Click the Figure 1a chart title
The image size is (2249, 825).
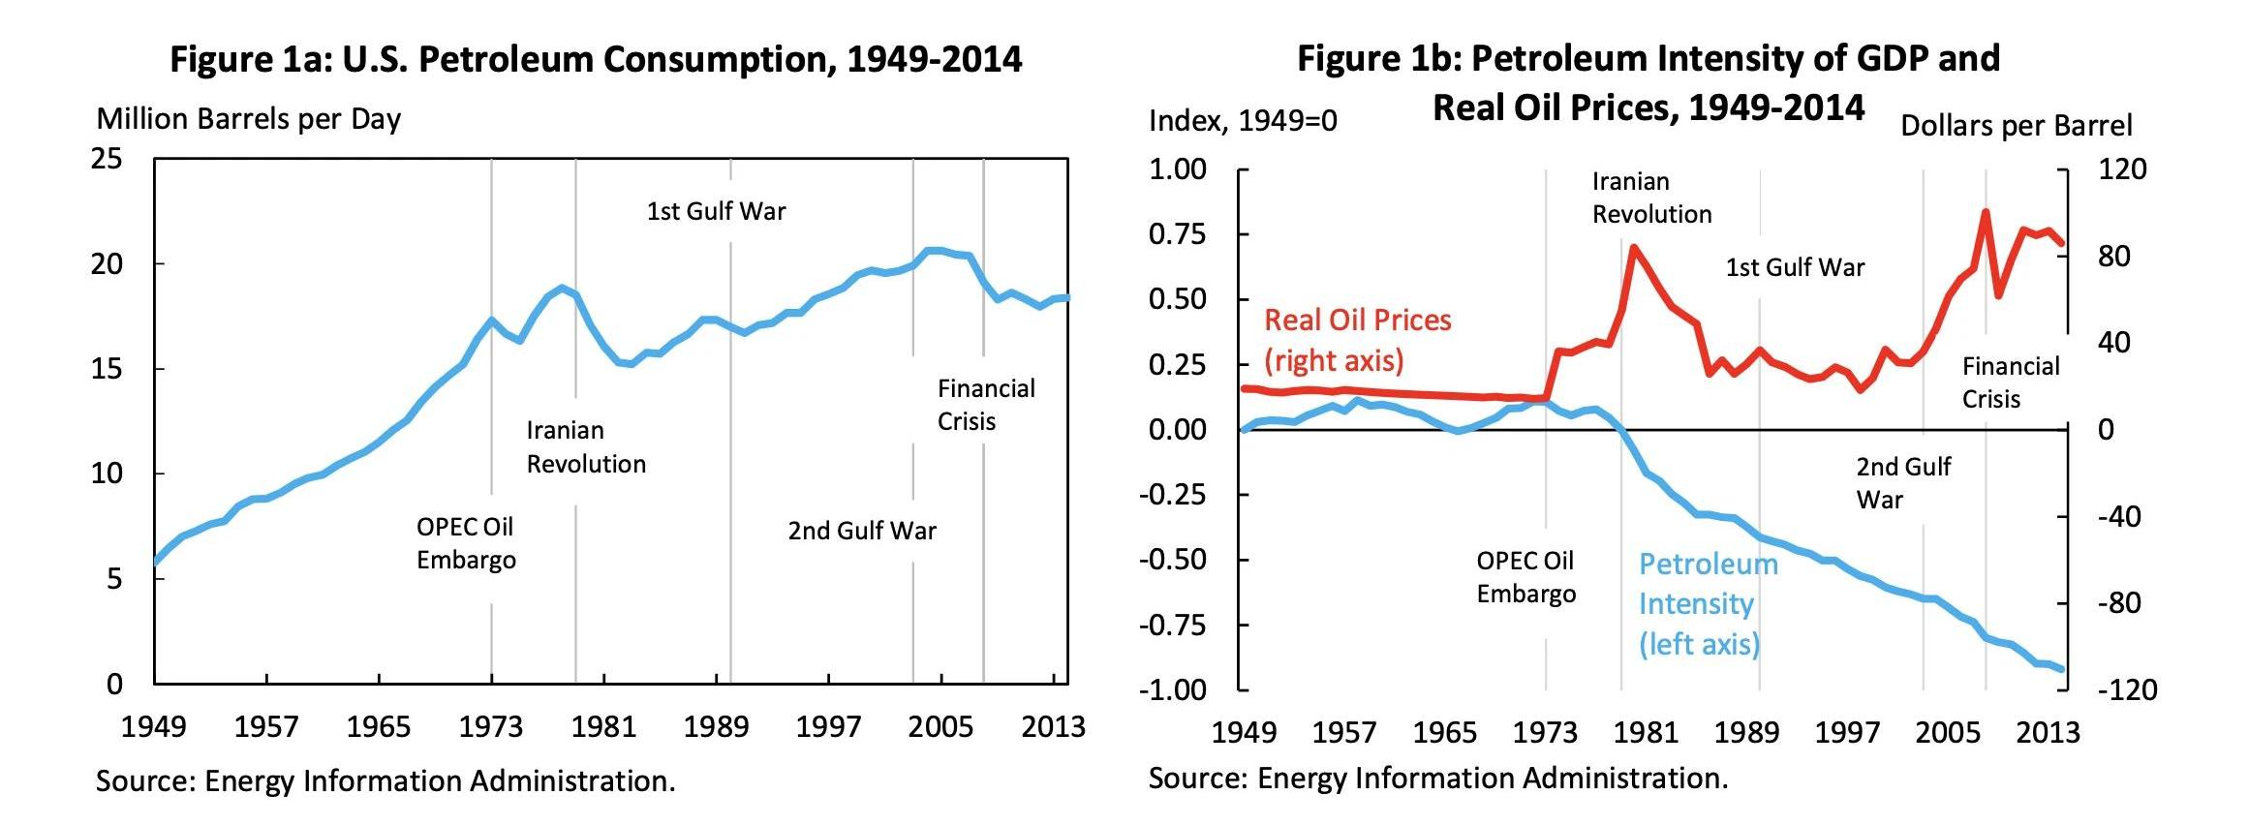[596, 60]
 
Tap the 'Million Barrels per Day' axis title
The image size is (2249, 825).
[248, 119]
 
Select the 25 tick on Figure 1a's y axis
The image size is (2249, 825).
[108, 159]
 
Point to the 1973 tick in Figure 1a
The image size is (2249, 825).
[490, 726]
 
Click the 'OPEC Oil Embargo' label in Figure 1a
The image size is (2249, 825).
[466, 543]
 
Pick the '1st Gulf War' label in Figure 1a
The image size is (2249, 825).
[716, 211]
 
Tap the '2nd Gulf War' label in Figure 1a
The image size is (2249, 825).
[862, 531]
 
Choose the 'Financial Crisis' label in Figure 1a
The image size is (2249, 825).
[985, 405]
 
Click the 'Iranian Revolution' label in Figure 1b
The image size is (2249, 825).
[1651, 198]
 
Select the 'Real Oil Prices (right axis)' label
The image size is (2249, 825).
[1357, 340]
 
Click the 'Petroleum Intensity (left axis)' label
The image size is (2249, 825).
[1708, 603]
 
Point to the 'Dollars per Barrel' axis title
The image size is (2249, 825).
[2017, 126]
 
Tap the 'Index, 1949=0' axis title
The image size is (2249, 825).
[1243, 121]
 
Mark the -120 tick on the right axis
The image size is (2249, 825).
[2127, 690]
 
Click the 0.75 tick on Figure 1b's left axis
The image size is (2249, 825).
[1177, 234]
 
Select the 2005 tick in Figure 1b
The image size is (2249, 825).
[1947, 732]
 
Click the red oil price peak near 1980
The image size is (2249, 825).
[1634, 248]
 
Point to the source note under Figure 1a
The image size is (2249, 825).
[385, 781]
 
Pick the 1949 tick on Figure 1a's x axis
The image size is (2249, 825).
[153, 726]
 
